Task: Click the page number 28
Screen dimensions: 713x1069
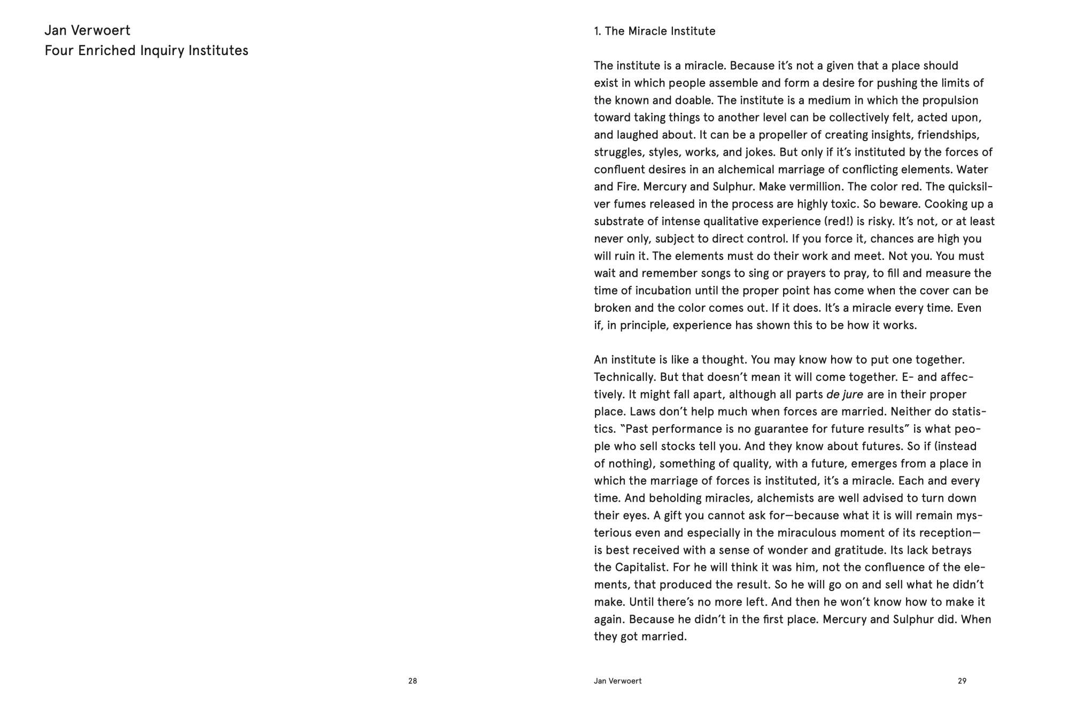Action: coord(412,681)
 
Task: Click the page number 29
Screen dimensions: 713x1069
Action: coord(962,681)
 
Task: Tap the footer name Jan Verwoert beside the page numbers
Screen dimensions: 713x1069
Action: coord(617,681)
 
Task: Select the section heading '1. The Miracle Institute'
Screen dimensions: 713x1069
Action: coord(654,31)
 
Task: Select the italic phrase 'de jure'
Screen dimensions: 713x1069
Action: coord(845,395)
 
